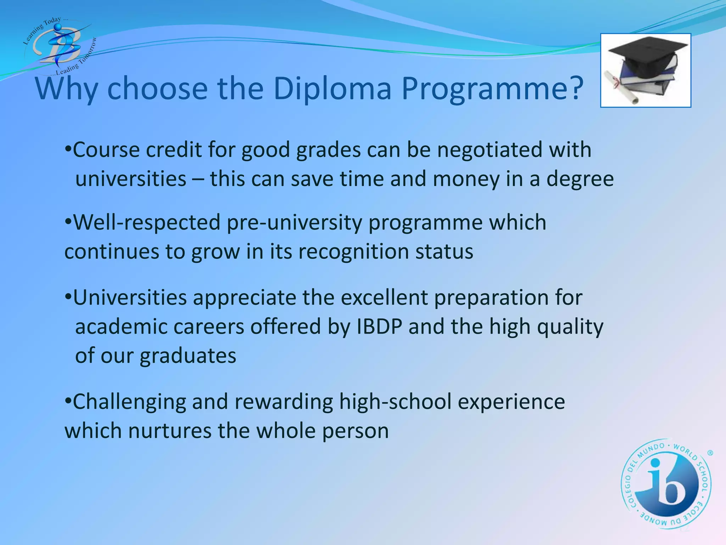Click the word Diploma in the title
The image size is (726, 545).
tap(333, 89)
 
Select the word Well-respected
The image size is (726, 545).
tap(147, 223)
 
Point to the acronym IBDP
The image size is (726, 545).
tap(379, 327)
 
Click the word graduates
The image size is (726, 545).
tap(188, 356)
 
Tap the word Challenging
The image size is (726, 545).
tap(129, 402)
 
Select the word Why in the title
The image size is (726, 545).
tap(67, 89)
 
